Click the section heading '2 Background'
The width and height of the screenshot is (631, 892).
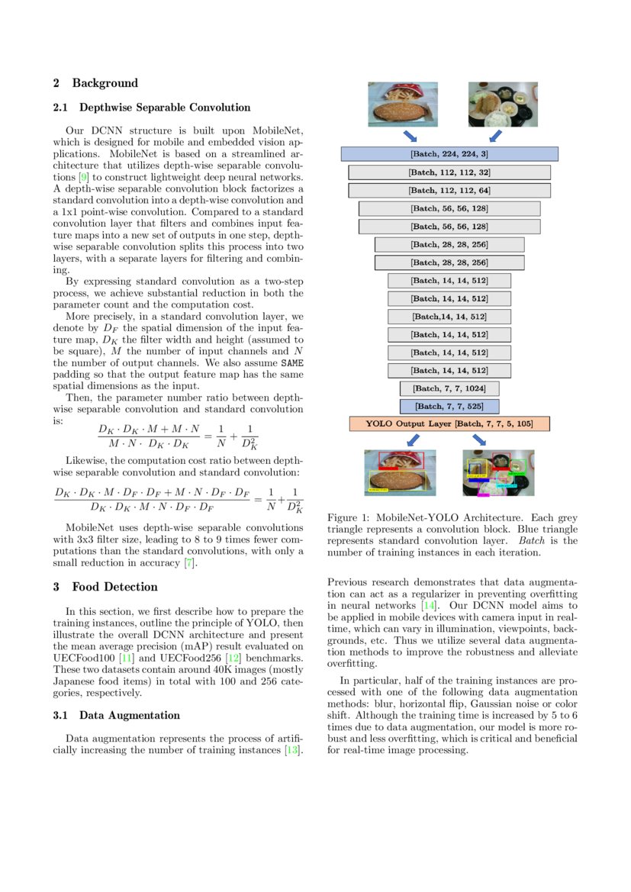click(x=95, y=83)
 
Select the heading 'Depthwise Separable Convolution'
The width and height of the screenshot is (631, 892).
click(x=164, y=108)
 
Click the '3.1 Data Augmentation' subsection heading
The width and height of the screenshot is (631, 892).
click(x=117, y=715)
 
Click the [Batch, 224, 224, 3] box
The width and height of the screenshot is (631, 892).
click(x=449, y=154)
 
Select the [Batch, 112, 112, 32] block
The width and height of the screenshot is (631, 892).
click(x=449, y=172)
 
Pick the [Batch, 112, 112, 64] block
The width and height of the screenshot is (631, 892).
click(x=449, y=190)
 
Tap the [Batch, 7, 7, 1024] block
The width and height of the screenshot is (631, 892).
click(x=449, y=388)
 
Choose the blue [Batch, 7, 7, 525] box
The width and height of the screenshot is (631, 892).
click(x=449, y=406)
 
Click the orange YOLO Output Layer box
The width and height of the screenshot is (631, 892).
click(x=449, y=423)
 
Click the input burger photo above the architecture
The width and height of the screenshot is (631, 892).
click(x=402, y=105)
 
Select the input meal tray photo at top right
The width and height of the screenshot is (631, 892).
click(x=503, y=105)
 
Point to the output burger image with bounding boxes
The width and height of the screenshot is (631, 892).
click(x=400, y=473)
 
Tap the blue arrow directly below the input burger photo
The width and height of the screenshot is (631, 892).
click(x=410, y=136)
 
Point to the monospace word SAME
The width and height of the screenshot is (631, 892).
click(x=292, y=363)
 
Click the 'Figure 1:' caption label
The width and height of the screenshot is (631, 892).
click(x=348, y=517)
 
